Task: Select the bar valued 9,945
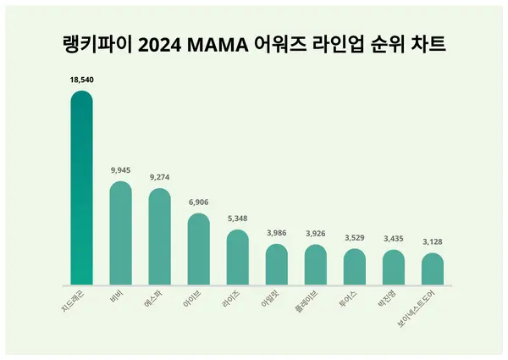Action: click(x=120, y=234)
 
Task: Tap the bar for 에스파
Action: click(x=159, y=237)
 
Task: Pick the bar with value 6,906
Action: click(x=198, y=249)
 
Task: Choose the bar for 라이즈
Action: click(x=237, y=258)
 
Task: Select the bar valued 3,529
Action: click(x=354, y=267)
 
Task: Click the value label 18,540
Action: click(x=81, y=78)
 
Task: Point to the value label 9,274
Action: click(x=159, y=177)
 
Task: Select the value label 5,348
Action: click(x=237, y=218)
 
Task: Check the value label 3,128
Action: click(x=432, y=241)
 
